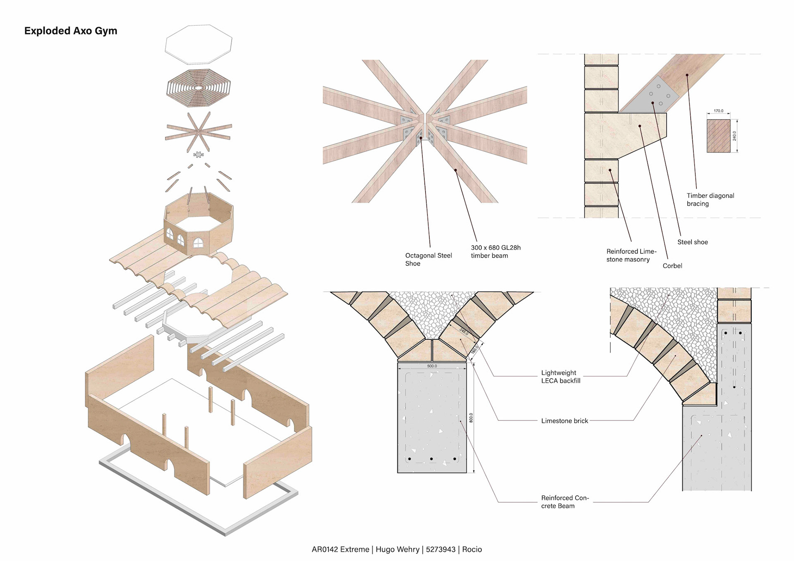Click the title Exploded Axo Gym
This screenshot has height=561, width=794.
(71, 31)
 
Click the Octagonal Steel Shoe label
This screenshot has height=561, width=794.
(428, 260)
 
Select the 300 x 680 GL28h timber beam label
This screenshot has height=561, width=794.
(495, 252)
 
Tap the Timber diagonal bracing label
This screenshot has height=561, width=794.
(710, 200)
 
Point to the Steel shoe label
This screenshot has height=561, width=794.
(692, 242)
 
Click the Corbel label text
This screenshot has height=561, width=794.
(672, 266)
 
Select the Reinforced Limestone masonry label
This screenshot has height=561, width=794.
(631, 255)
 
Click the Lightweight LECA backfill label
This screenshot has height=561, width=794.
(560, 377)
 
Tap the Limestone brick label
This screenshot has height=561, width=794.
(564, 421)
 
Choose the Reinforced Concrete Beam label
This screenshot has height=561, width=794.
(564, 502)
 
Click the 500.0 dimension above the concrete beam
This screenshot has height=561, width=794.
(432, 366)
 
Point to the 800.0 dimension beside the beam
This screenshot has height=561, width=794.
(471, 418)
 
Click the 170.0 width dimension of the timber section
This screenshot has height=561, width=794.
(718, 111)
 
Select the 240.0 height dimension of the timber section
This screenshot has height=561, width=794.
(734, 136)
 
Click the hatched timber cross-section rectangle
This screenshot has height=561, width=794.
(718, 136)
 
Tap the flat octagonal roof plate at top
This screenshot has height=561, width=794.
(198, 44)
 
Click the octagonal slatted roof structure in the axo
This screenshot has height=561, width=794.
(198, 88)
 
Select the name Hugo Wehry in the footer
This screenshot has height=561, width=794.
(397, 549)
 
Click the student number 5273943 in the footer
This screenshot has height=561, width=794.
(440, 549)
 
